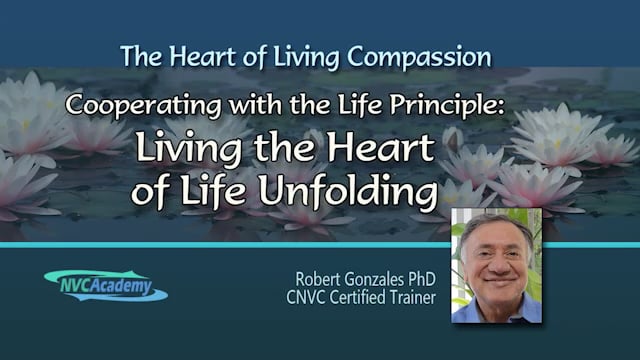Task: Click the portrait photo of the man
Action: [495, 264]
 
